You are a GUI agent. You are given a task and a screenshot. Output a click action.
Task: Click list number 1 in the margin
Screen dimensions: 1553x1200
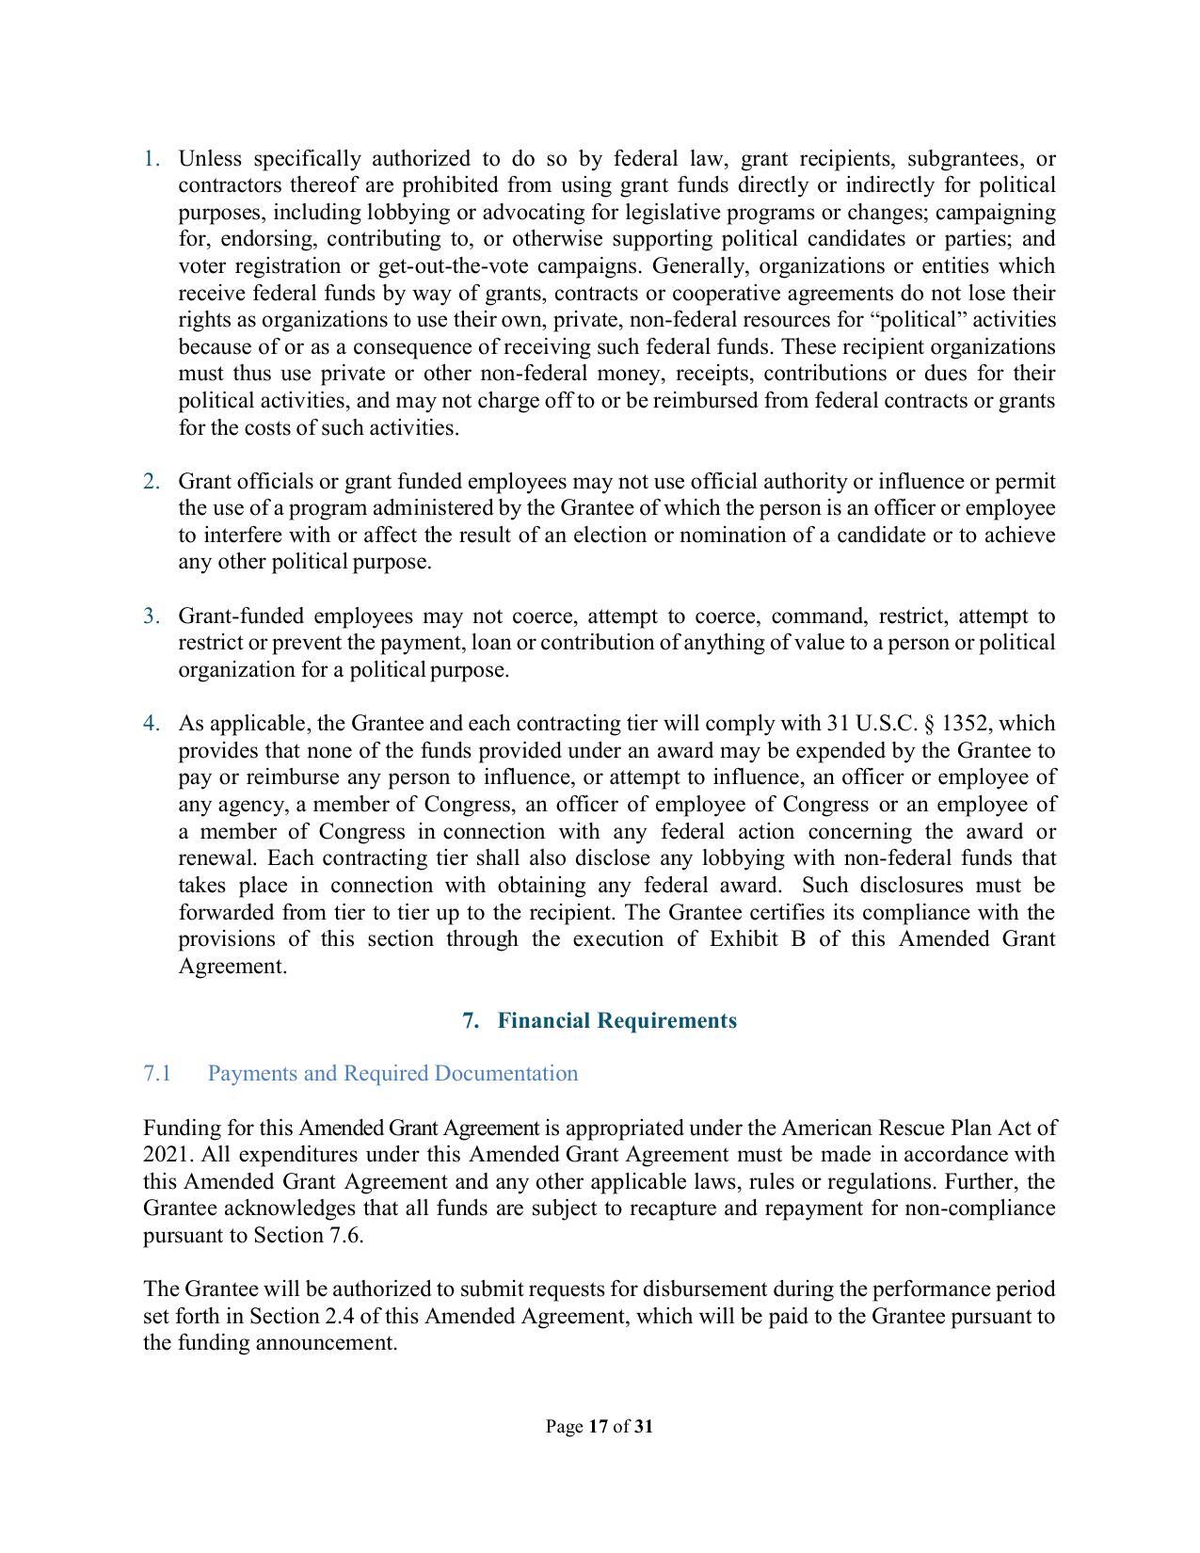coord(152,158)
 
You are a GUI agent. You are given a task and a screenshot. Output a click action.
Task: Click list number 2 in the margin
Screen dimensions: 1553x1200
coord(152,482)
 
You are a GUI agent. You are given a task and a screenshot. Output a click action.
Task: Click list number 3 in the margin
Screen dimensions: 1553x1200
coord(152,616)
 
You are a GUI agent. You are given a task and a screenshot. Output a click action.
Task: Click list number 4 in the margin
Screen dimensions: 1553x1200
coord(152,724)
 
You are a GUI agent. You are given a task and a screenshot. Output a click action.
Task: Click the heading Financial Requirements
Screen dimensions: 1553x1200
coord(616,1021)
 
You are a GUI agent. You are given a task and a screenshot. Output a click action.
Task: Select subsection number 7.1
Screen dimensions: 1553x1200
coord(157,1074)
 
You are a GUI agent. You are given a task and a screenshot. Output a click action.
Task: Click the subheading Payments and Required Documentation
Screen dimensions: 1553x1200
coord(392,1074)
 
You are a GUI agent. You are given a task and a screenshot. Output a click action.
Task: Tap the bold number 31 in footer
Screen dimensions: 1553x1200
coord(644,1427)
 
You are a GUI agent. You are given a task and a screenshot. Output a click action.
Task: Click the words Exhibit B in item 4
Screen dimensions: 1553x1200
coord(757,939)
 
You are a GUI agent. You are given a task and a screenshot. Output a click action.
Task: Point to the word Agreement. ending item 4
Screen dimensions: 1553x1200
coord(232,967)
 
